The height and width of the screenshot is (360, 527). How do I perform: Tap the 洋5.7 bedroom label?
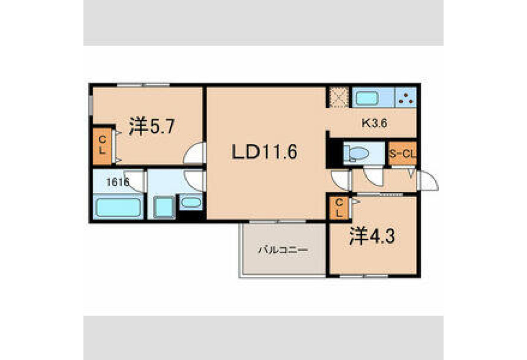(x=152, y=126)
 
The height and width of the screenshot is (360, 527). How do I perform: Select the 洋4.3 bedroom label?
(x=372, y=236)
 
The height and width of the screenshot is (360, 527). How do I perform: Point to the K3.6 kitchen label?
(x=374, y=123)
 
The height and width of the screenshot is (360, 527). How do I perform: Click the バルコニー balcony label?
(x=283, y=250)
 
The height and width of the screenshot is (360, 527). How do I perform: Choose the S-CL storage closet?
(x=402, y=153)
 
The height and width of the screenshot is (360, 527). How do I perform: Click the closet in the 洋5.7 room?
(x=102, y=146)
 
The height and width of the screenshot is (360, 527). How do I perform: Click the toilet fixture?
(x=356, y=154)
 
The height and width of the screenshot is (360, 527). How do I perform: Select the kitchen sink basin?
(x=367, y=98)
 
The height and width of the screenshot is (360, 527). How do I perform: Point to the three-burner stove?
(x=406, y=97)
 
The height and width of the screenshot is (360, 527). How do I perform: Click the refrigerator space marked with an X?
(x=338, y=97)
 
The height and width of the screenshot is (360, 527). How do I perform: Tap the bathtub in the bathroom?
(x=118, y=207)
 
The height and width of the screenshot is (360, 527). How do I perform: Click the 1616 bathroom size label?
(x=118, y=182)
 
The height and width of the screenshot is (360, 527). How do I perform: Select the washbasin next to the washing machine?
(x=191, y=202)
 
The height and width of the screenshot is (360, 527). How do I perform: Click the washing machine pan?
(x=164, y=207)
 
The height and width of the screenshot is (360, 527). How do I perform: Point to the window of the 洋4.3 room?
(x=364, y=276)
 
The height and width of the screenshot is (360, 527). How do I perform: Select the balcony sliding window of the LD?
(x=278, y=222)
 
